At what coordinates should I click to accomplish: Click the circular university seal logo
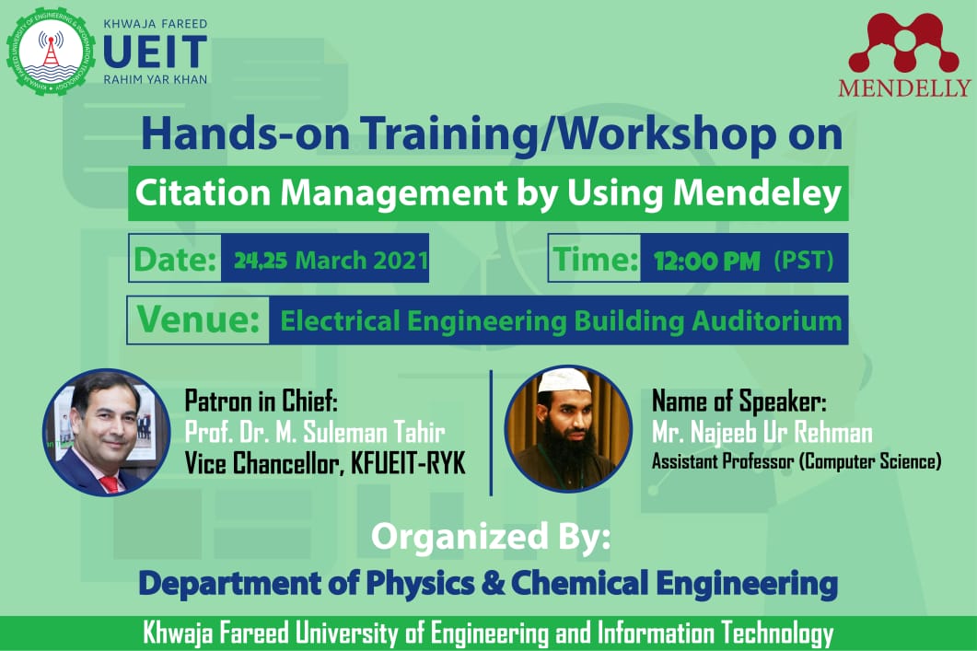[x=51, y=52]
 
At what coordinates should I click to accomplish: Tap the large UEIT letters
[x=155, y=52]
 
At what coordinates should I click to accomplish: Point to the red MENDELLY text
[x=904, y=87]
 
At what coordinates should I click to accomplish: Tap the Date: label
[x=175, y=259]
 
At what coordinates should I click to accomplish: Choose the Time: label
[x=596, y=259]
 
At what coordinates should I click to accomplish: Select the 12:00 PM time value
[x=706, y=261]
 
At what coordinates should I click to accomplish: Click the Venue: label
[x=198, y=320]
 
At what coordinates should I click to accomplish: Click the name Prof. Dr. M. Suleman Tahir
[x=315, y=433]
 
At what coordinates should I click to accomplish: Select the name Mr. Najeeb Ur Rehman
[x=762, y=433]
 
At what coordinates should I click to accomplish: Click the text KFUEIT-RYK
[x=408, y=463]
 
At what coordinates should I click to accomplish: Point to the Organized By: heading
[x=491, y=537]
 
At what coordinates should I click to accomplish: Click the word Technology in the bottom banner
[x=777, y=633]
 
